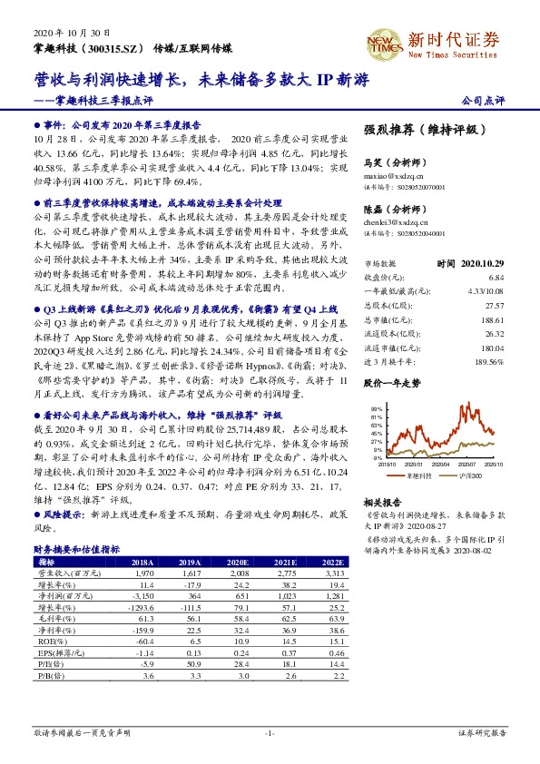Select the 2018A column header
143,563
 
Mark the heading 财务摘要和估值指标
77,550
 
